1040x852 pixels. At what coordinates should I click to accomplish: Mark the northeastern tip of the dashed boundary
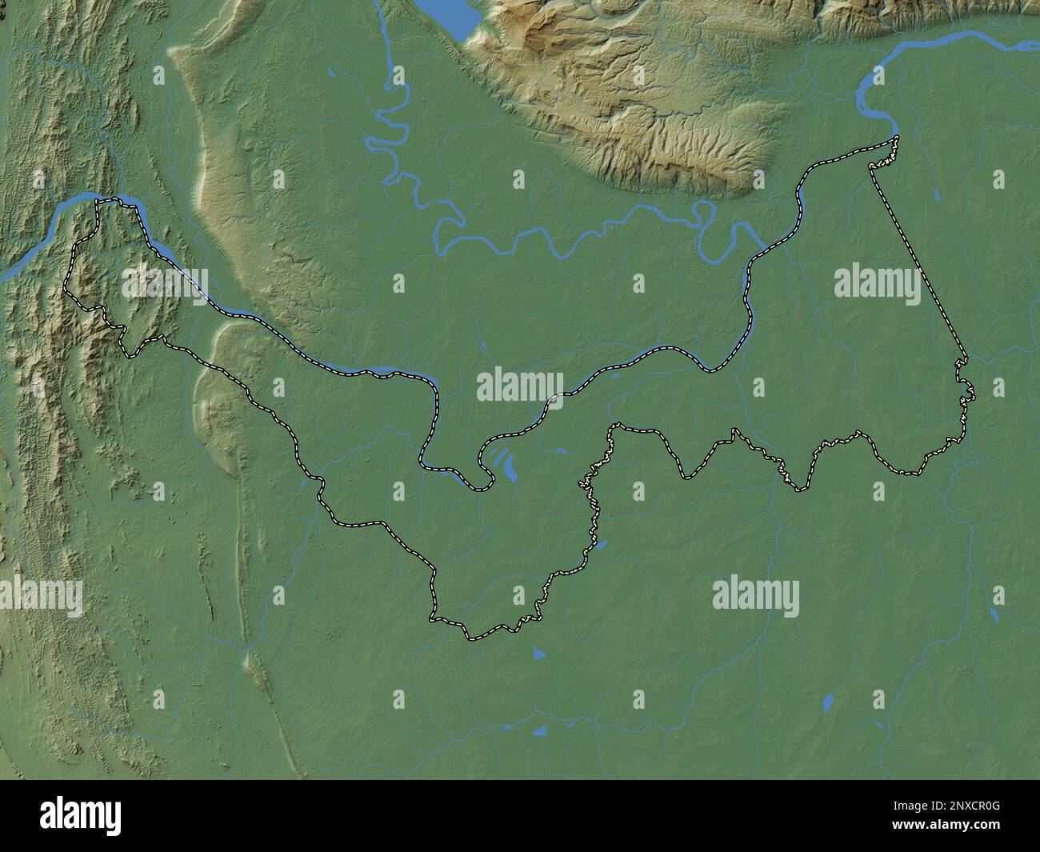pos(895,140)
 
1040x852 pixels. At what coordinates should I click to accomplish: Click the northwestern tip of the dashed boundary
pos(99,201)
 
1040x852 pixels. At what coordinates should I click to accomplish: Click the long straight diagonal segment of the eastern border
pos(920,256)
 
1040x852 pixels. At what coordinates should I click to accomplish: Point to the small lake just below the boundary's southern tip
pos(538,654)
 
